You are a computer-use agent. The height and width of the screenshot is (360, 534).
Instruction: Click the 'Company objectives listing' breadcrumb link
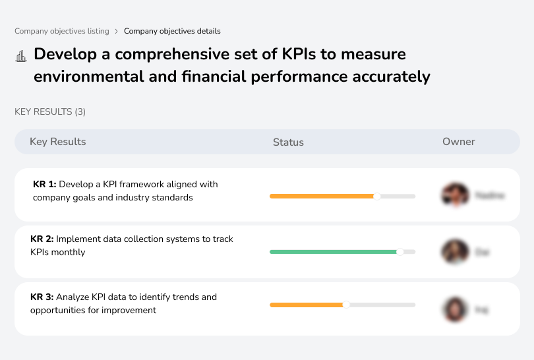pyautogui.click(x=62, y=31)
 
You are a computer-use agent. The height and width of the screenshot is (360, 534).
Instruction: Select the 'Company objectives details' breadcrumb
pyautogui.click(x=172, y=31)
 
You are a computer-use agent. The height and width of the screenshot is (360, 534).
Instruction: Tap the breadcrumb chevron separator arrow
pyautogui.click(x=117, y=31)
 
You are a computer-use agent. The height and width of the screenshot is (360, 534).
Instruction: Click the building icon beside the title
pyautogui.click(x=20, y=56)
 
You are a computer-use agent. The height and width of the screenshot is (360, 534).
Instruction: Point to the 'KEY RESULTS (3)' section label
pyautogui.click(x=50, y=112)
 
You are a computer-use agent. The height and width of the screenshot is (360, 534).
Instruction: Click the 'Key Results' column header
pyautogui.click(x=57, y=142)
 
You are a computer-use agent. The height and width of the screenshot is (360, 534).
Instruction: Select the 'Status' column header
pyautogui.click(x=288, y=142)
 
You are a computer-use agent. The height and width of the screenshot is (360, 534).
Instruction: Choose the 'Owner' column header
pyautogui.click(x=459, y=142)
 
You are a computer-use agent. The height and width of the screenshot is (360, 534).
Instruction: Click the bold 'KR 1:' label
pyautogui.click(x=45, y=185)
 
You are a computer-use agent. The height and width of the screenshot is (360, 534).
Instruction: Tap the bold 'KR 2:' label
pyautogui.click(x=42, y=239)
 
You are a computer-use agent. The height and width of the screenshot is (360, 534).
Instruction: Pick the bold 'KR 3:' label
pyautogui.click(x=42, y=297)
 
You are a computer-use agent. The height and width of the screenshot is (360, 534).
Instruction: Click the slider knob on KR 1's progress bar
pyautogui.click(x=377, y=196)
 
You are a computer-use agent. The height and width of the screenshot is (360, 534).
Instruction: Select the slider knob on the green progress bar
pyautogui.click(x=400, y=252)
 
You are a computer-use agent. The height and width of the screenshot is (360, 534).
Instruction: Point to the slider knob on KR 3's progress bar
pyautogui.click(x=346, y=305)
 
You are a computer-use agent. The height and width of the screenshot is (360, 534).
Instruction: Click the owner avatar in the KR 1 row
pyautogui.click(x=455, y=195)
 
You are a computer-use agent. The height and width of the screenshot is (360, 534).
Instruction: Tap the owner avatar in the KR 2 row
pyautogui.click(x=455, y=252)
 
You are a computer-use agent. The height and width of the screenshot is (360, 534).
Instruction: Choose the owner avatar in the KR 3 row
pyautogui.click(x=455, y=309)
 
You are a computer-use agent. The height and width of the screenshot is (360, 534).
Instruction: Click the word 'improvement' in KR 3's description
pyautogui.click(x=130, y=310)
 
